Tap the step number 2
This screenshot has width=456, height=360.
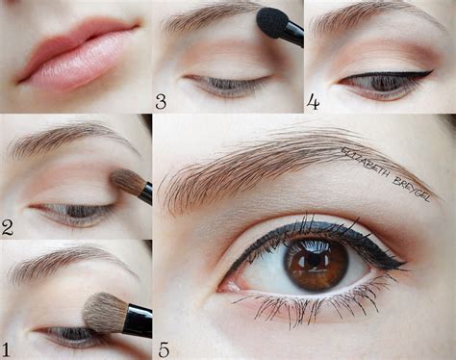coord(8,227)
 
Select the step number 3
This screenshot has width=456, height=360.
coord(162,101)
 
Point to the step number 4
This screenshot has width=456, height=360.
coord(313,101)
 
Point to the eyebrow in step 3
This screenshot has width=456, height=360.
coord(207,16)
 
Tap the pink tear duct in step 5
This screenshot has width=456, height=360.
coord(227,283)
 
